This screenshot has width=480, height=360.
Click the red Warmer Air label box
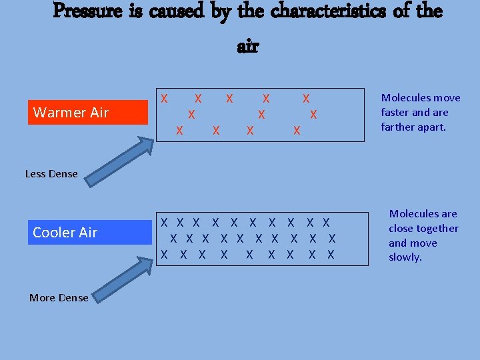click(x=89, y=112)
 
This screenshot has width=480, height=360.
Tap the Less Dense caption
click(x=51, y=174)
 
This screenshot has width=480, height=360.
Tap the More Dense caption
click(x=59, y=298)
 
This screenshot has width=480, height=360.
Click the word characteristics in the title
click(x=322, y=12)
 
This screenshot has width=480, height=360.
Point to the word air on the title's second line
click(x=247, y=46)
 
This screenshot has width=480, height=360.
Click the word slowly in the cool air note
click(x=405, y=257)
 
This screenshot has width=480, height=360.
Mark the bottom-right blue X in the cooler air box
click(x=331, y=254)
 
